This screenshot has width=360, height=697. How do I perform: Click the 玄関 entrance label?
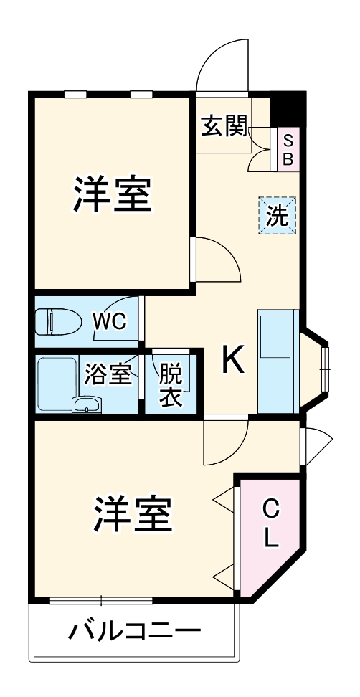point(224,126)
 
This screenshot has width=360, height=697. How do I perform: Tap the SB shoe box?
point(288,149)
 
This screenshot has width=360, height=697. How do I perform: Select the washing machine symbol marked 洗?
point(278,215)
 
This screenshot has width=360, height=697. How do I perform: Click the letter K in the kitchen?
point(232,361)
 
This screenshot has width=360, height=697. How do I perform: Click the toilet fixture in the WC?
point(57,320)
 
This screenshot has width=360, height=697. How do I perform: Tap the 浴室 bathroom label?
point(108,374)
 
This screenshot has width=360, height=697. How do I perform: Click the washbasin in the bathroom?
point(87,405)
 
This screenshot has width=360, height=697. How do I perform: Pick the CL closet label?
point(270,525)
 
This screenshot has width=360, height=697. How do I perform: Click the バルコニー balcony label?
point(134,632)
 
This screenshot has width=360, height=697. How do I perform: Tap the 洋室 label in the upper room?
point(112,194)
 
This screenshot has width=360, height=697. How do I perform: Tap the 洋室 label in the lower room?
point(132,513)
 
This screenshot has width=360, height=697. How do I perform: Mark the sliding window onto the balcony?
point(100,599)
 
